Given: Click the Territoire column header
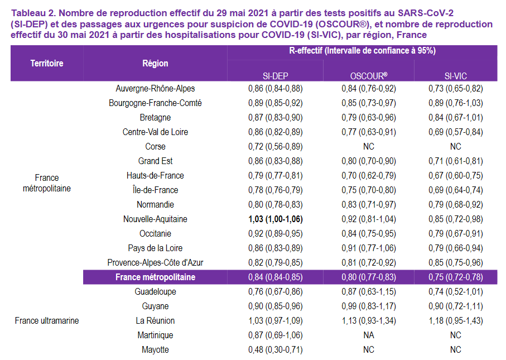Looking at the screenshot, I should pos(47,63).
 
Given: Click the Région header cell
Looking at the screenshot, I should pos(155,63).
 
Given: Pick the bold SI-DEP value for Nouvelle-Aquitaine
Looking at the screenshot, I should pos(276,219).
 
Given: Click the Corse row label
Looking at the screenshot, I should pos(155,147).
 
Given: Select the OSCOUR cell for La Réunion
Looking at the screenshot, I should pos(368,321).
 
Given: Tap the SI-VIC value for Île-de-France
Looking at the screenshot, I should pos(455,190).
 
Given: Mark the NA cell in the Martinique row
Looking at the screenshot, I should pos(368,335).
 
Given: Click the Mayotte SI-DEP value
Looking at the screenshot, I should pos(276,350).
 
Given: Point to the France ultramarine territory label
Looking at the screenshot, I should pos(47,321).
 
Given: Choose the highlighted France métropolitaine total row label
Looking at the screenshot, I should pos(155,277).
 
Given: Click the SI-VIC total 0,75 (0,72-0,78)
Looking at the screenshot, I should pos(455,277).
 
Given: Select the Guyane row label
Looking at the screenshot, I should pos(155,306).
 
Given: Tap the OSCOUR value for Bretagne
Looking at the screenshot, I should pos(368,118).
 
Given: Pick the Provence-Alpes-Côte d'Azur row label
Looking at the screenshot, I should pos(155,263).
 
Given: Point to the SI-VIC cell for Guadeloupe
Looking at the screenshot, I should pos(455,292).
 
